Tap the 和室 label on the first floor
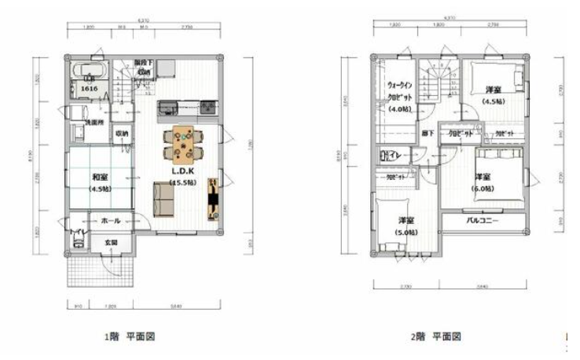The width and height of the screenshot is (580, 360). pos(99,177)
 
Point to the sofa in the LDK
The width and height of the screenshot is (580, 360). pos(165,199)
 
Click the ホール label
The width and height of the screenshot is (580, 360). pos(112,222)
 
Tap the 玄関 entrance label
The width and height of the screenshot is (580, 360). pos(112,243)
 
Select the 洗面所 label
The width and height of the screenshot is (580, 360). pos(96,123)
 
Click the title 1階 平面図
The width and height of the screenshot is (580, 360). pos(130,336)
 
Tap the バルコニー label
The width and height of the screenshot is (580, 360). pos(482,222)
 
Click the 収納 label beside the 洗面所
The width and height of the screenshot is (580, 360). pos(123,134)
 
